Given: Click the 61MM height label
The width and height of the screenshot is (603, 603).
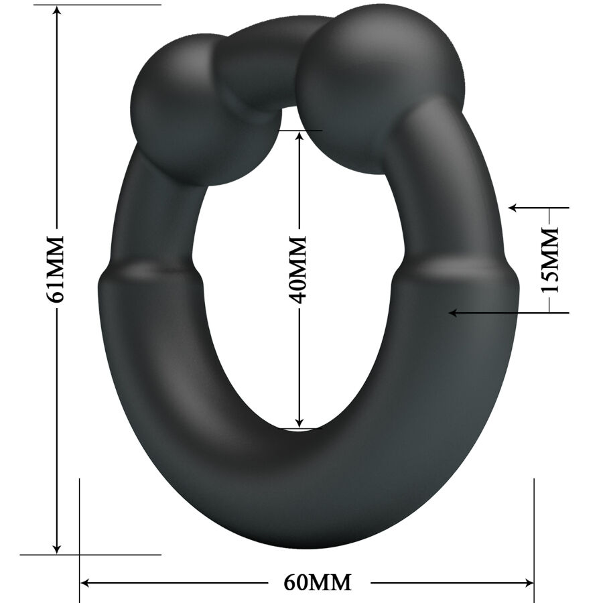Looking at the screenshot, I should [x=57, y=268].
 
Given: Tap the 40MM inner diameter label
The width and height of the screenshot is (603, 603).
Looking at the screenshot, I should [x=299, y=268].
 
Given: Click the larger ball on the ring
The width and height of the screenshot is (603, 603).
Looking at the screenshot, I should [x=379, y=87].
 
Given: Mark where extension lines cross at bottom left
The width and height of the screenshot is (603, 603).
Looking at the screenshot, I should [x=80, y=555].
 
